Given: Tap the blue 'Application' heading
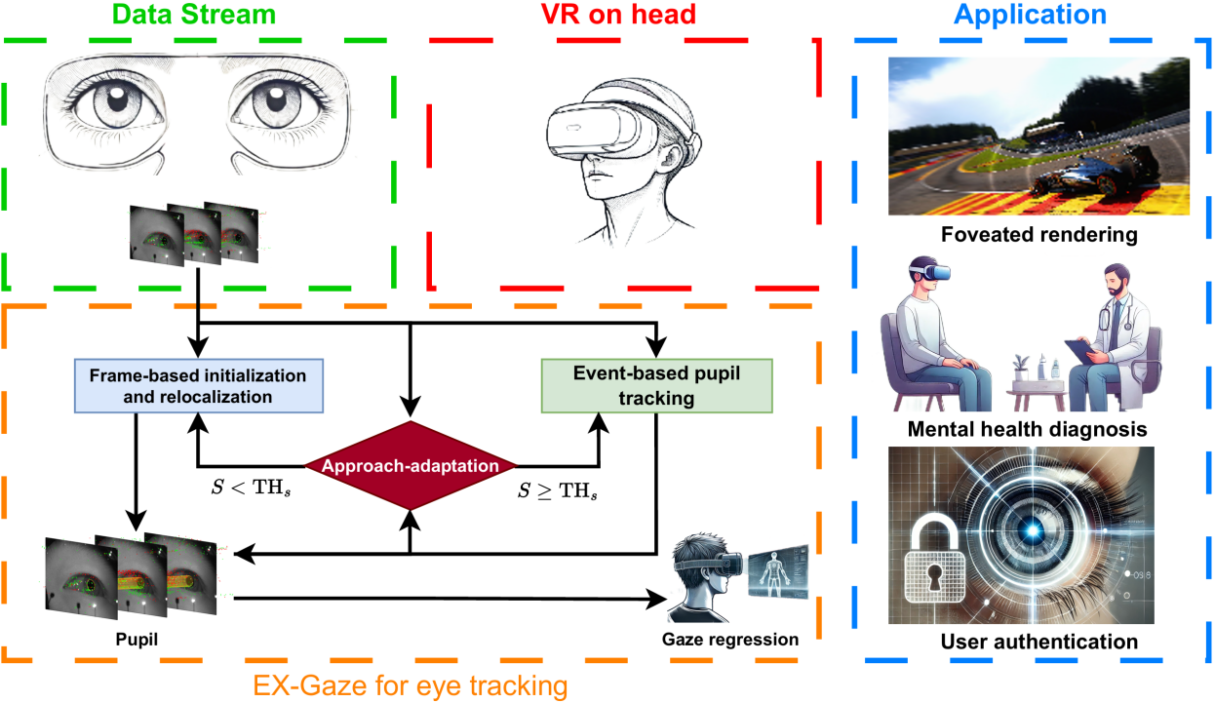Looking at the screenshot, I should [x=1033, y=16].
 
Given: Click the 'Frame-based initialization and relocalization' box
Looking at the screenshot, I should [x=198, y=385].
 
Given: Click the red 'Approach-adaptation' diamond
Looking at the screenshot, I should [x=411, y=465].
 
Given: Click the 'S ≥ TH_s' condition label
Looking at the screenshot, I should [x=557, y=489].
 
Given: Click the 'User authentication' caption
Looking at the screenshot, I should [x=1039, y=642].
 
